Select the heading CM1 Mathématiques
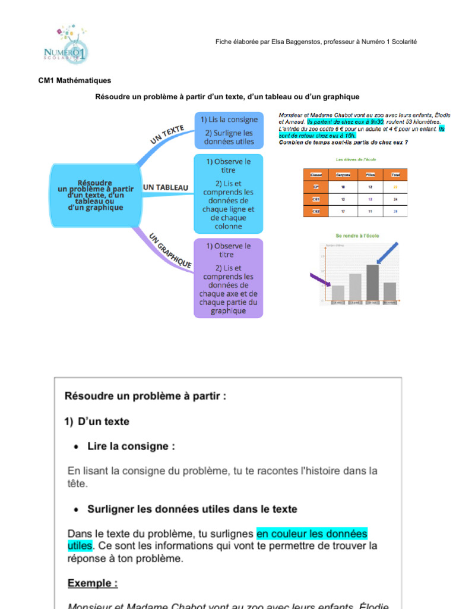pyautogui.click(x=75, y=81)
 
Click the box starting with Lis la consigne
pyautogui.click(x=229, y=130)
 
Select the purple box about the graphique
pyautogui.click(x=229, y=278)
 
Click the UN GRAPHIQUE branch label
pyautogui.click(x=170, y=250)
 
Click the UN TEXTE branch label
pyautogui.click(x=168, y=134)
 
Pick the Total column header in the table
pyautogui.click(x=395, y=174)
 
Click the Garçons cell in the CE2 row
pyautogui.click(x=343, y=211)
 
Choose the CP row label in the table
pyautogui.click(x=316, y=187)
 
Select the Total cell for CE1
pyautogui.click(x=395, y=199)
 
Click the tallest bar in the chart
pyautogui.click(x=372, y=282)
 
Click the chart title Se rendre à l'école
pyautogui.click(x=357, y=236)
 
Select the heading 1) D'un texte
pyautogui.click(x=97, y=422)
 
